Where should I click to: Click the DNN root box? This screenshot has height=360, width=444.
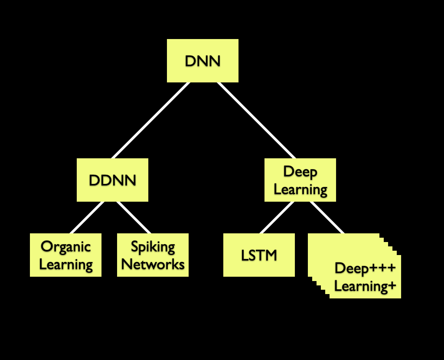point(202,61)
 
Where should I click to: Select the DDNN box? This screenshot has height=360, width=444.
point(112,180)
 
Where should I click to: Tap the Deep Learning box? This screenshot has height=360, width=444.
point(300,180)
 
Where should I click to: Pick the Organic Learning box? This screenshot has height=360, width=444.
point(65,255)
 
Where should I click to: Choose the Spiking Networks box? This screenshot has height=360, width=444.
point(153,255)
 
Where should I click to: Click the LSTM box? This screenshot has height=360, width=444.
point(259,255)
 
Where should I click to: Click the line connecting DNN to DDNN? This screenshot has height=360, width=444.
point(150,120)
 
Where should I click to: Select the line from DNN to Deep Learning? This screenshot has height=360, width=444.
point(256,120)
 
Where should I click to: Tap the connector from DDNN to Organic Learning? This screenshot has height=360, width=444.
point(87,217)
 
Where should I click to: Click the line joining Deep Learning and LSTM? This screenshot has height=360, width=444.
point(277,217)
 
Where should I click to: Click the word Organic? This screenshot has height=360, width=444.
point(65,247)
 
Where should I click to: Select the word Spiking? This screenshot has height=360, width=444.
point(153,247)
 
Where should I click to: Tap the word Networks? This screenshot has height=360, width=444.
point(153,264)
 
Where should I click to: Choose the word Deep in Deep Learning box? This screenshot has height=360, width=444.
point(300,171)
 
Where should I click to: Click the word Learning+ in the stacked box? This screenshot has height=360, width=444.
point(365,286)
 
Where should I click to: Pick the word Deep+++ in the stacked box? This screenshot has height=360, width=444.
point(365,268)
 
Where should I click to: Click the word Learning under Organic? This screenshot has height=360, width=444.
point(66,264)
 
